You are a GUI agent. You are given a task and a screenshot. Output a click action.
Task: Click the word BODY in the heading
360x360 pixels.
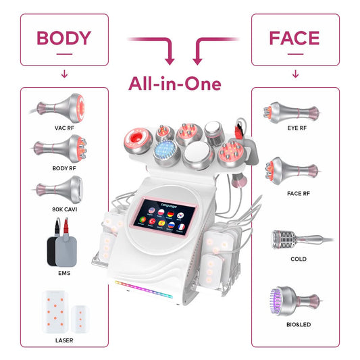(x=63, y=37)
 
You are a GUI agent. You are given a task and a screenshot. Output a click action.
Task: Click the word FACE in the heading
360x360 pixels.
(x=294, y=37)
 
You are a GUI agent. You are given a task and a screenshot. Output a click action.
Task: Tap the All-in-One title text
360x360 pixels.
(x=174, y=83)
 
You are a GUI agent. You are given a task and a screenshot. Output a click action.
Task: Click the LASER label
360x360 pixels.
(x=63, y=340)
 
